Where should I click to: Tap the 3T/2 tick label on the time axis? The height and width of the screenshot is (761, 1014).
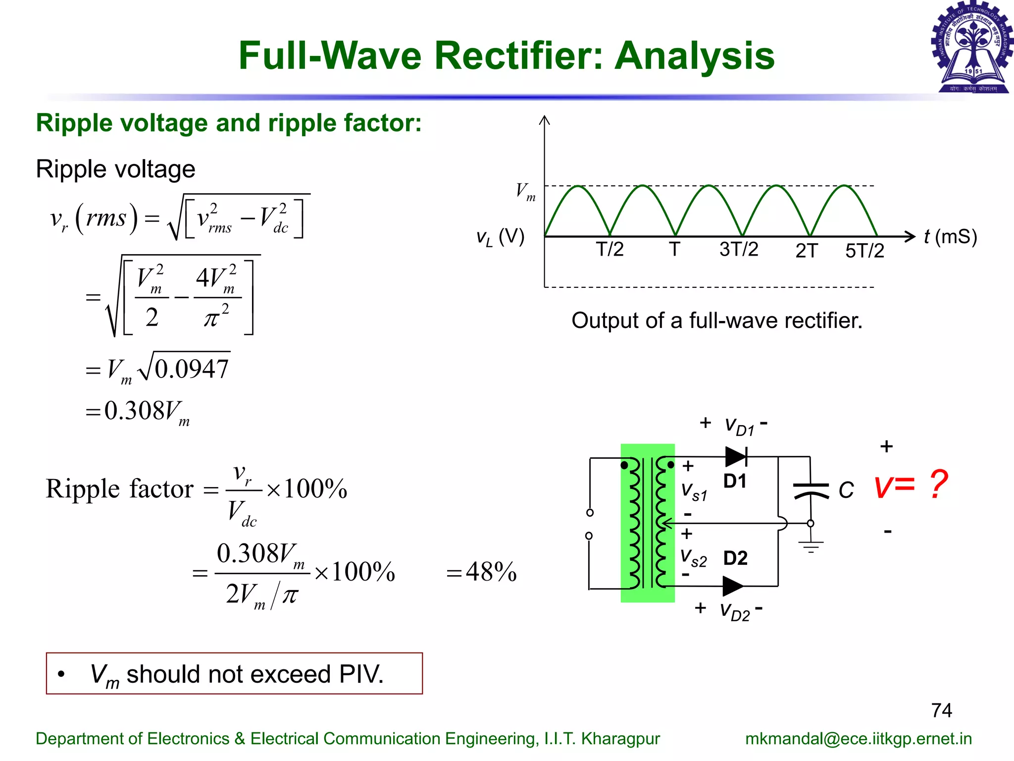click(738, 249)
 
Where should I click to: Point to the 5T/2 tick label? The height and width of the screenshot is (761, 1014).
click(864, 251)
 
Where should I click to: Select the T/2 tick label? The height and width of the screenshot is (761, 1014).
click(609, 249)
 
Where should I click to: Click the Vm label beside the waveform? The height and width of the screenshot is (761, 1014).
click(525, 191)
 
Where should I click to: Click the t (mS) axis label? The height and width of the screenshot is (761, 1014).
click(950, 237)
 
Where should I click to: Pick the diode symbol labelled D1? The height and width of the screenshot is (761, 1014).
click(736, 456)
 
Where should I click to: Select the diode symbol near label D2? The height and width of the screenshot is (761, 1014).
click(733, 586)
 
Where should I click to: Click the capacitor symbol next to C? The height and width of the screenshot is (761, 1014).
click(811, 490)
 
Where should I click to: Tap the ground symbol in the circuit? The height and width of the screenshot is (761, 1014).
click(811, 546)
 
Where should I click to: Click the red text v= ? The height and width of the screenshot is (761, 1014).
click(911, 485)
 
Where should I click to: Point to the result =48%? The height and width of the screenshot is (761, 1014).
click(481, 572)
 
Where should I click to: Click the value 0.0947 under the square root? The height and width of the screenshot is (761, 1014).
click(192, 369)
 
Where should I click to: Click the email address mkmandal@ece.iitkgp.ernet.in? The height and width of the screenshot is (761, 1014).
click(858, 738)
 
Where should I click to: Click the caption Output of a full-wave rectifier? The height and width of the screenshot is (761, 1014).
click(716, 321)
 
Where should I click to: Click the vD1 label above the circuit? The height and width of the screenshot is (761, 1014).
click(739, 426)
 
